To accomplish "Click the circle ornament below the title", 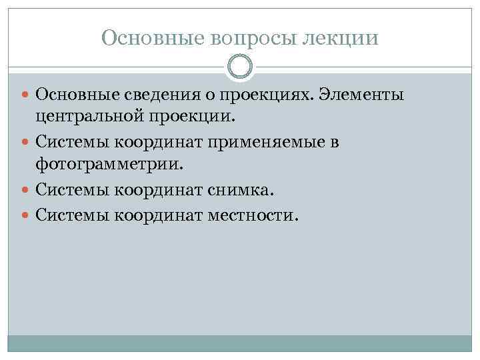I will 240,67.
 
